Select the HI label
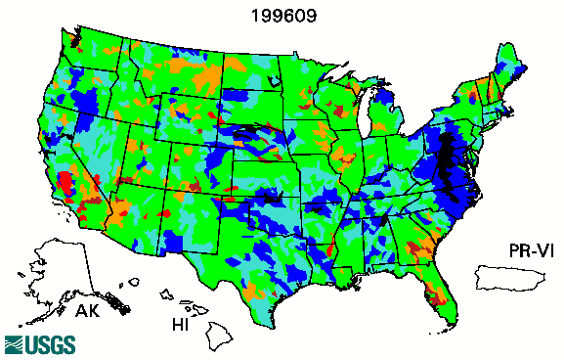pos(181,323)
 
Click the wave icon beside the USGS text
pos(15,344)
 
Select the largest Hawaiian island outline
pos(221,338)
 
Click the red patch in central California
pos(65,183)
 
